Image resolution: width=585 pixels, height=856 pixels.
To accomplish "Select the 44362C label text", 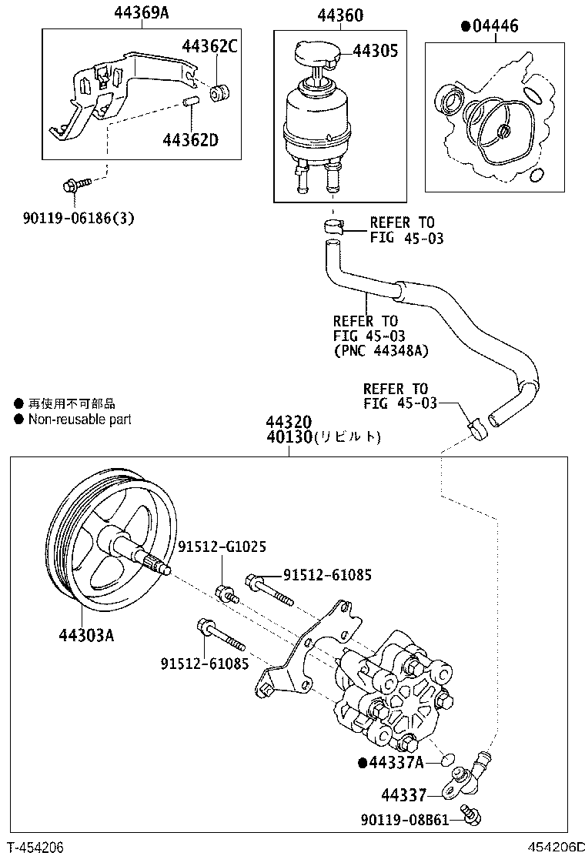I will pyautogui.click(x=209, y=46).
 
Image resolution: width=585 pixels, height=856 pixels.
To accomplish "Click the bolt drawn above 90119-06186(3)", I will pyautogui.click(x=75, y=185).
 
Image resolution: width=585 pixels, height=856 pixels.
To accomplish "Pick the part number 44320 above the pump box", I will pyautogui.click(x=289, y=422).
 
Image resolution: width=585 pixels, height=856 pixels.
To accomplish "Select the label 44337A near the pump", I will pyautogui.click(x=396, y=762).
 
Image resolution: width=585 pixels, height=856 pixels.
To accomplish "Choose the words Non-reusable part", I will pyautogui.click(x=79, y=420).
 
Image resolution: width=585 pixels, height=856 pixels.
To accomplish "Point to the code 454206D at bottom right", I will pyautogui.click(x=551, y=847).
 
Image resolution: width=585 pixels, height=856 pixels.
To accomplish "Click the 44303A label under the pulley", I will pyautogui.click(x=85, y=635).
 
